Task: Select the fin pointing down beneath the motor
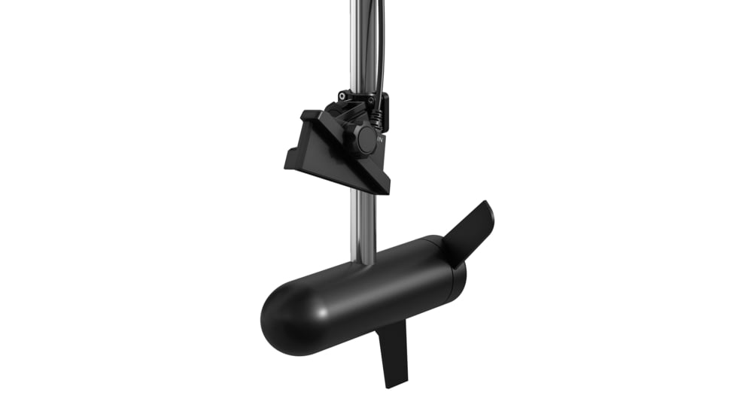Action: tap(394, 351)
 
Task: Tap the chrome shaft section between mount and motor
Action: tap(364, 222)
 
